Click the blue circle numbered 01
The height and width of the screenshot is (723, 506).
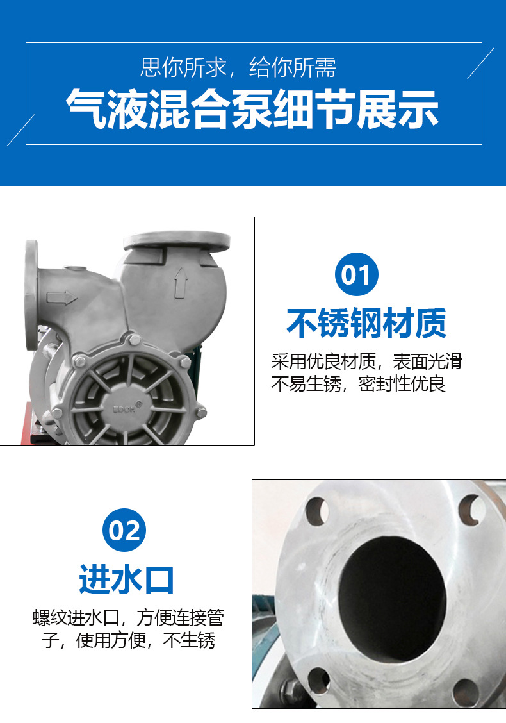click(357, 275)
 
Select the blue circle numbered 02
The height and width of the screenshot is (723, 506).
click(124, 531)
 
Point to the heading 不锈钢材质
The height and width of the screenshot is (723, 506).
click(366, 323)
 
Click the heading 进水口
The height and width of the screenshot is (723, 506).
click(127, 578)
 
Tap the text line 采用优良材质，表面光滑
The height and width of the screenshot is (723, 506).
click(366, 361)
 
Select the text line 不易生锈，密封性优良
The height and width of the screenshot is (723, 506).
click(358, 385)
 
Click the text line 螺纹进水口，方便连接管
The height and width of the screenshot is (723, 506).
click(128, 618)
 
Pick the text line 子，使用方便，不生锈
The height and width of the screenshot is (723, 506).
click(128, 640)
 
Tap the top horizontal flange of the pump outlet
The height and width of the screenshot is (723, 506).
click(177, 241)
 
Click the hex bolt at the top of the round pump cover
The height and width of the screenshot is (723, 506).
click(133, 340)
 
